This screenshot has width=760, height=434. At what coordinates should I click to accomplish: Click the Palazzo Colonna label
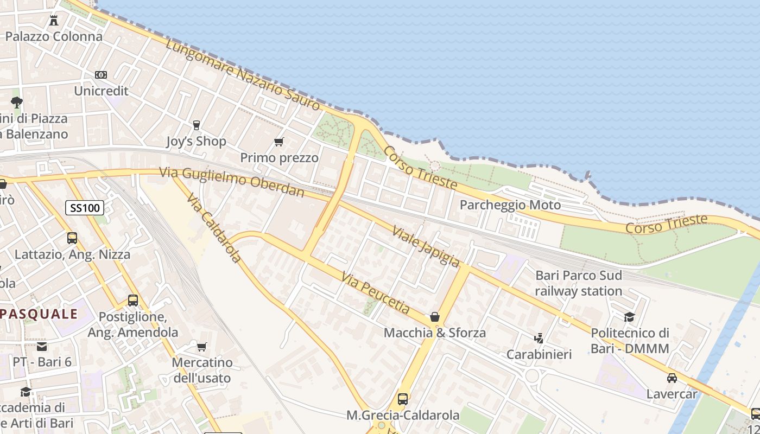point(54,36)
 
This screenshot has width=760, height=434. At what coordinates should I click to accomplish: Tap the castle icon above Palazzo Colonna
point(54,21)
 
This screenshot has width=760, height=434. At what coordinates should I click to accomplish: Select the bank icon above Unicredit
point(101,75)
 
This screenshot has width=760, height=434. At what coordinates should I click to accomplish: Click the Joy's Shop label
point(196,142)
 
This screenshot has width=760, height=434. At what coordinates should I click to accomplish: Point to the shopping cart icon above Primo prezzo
point(279,142)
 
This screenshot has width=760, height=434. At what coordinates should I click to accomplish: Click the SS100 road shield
point(85,207)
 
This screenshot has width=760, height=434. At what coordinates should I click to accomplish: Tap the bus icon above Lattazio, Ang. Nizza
point(72,238)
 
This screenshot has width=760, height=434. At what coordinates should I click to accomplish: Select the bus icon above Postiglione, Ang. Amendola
point(133,300)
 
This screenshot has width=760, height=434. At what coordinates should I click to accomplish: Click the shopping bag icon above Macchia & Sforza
point(434,317)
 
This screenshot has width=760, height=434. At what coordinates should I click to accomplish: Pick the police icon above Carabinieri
point(539,339)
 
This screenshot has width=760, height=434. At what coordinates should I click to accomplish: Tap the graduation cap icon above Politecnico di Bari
point(630,317)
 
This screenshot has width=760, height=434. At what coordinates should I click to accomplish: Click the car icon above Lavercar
point(672,378)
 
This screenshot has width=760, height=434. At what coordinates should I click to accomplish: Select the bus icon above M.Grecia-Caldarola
point(403,399)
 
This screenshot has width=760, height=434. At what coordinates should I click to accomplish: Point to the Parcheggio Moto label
point(510,205)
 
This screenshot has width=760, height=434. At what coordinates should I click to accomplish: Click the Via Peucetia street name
point(376,293)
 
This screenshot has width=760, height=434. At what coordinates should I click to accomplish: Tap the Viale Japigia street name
point(426,246)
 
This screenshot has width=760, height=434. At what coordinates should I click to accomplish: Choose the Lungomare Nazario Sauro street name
point(243,74)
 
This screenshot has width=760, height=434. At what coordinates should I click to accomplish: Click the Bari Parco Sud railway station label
point(579,283)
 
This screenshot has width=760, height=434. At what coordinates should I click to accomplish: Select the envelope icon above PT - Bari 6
point(42,346)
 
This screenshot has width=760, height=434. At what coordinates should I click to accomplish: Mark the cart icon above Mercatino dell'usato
point(202,347)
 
